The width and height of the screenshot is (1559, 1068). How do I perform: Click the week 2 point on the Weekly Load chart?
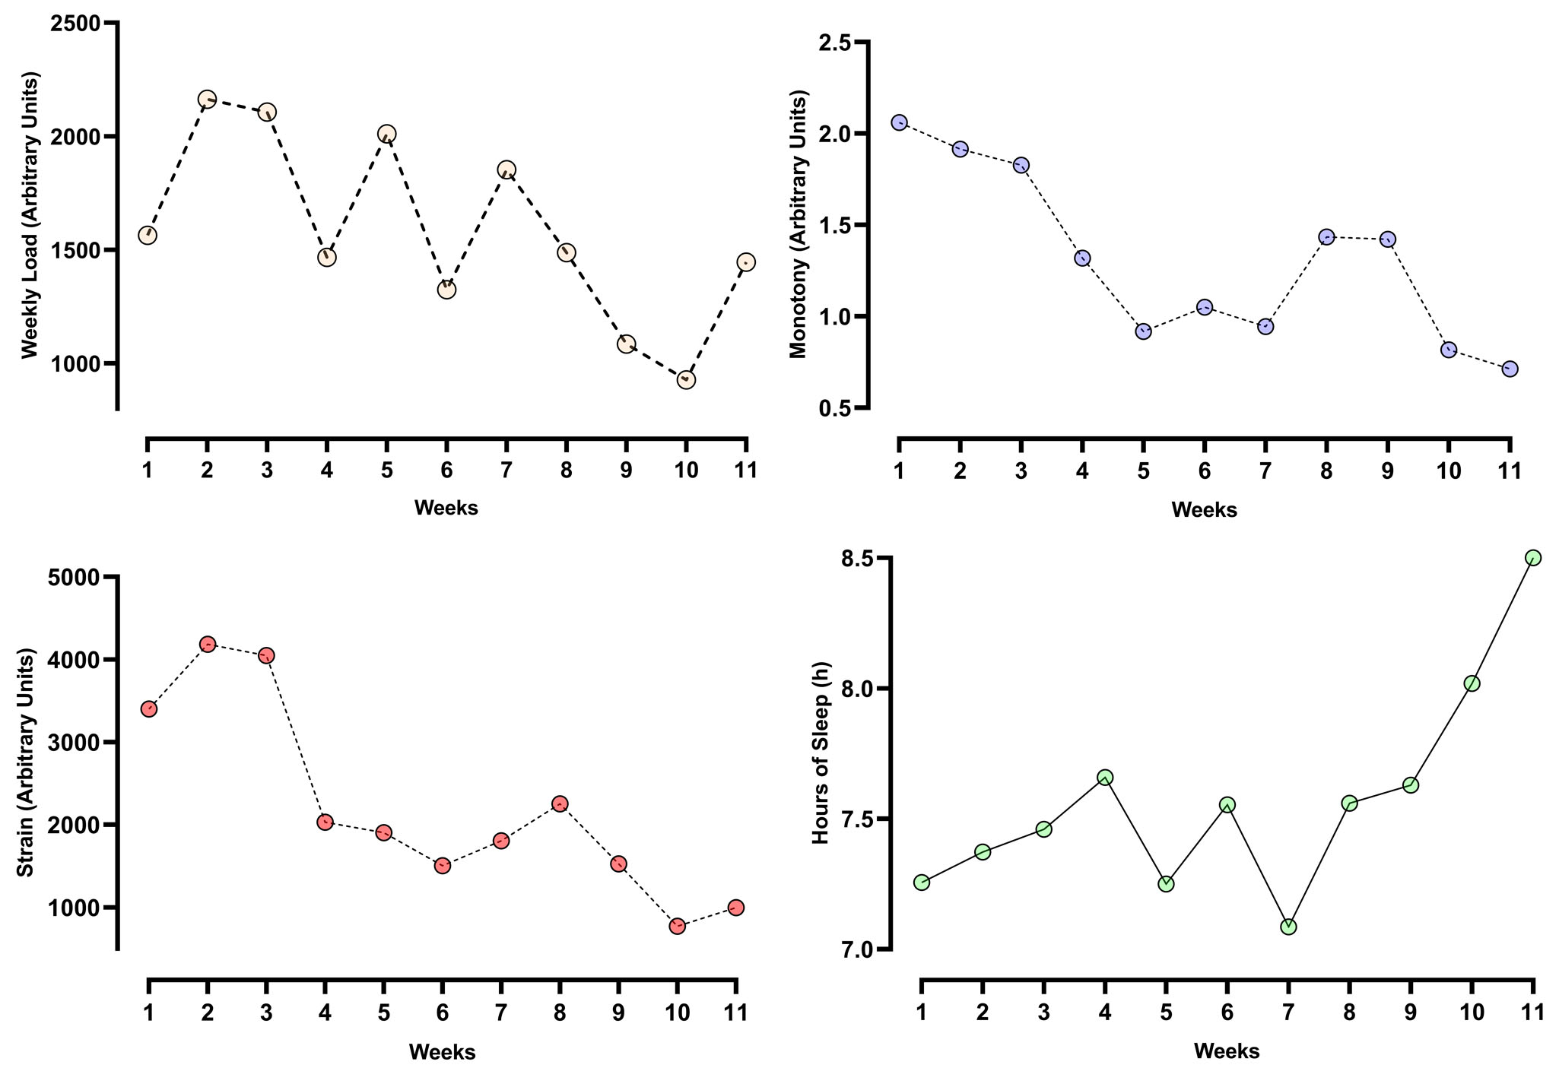pos(207,99)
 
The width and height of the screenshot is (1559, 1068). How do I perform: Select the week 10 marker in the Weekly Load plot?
pos(686,379)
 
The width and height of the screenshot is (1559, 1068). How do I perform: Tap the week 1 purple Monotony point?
pos(899,122)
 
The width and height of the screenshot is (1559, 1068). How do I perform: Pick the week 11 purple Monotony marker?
pos(1510,369)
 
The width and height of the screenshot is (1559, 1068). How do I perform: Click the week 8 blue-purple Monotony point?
pos(1326,237)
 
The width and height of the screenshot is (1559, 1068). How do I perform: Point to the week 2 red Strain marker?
pos(207,644)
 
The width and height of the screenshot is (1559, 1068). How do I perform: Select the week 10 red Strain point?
pos(678,926)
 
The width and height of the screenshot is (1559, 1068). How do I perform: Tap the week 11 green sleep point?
pos(1533,558)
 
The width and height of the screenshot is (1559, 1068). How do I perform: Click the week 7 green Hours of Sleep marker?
pos(1288,927)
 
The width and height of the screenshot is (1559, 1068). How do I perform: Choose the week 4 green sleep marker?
pos(1105,777)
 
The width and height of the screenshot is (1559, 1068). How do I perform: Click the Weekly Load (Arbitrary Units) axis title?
pos(29,215)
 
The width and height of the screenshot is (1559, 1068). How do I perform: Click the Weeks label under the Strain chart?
pos(442,1052)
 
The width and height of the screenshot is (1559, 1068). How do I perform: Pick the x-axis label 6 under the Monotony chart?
pos(1205,471)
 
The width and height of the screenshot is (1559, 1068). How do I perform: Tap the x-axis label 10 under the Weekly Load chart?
pos(686,471)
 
